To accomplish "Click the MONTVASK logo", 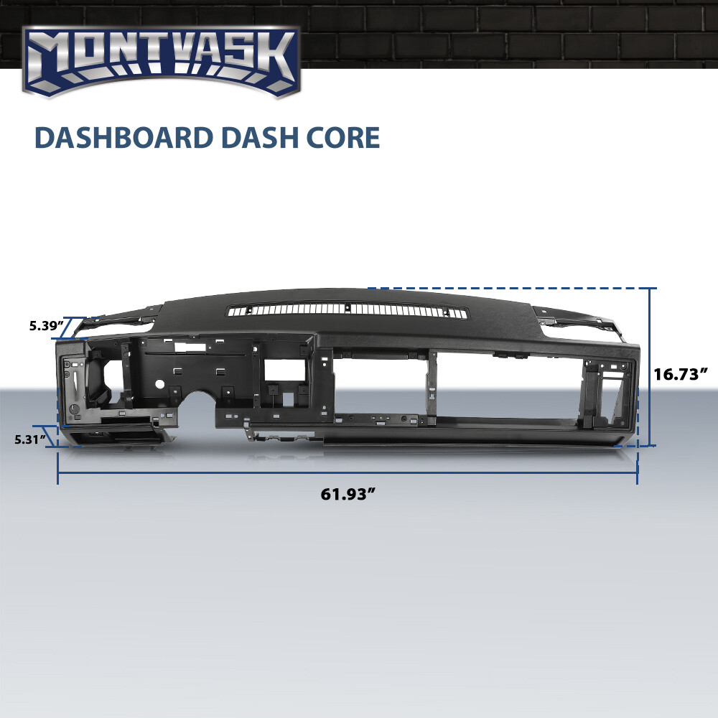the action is [162, 61].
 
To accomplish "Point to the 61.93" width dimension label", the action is [349, 494].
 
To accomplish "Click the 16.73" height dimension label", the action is [681, 373].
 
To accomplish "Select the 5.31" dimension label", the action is [30, 438].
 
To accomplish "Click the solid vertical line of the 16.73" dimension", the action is [651, 366].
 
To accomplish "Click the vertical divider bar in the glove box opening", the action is [433, 384].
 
